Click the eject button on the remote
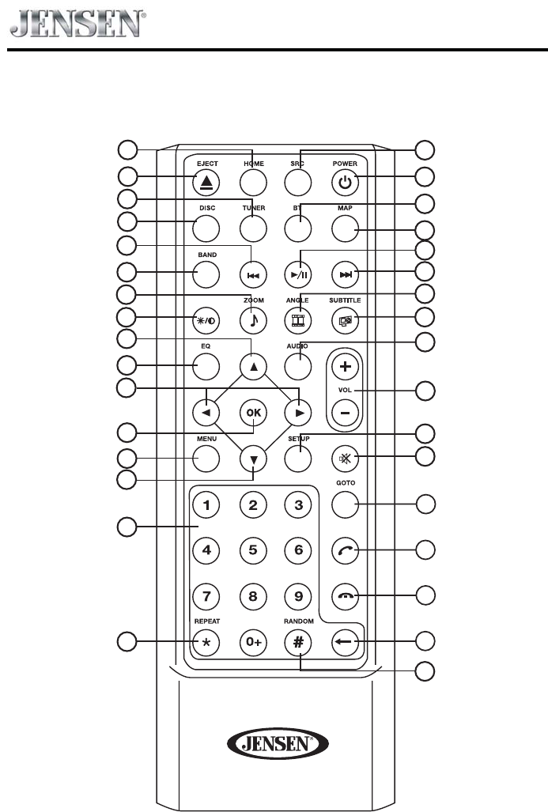(206, 183)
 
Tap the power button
(345, 183)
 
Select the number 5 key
(252, 550)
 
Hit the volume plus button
(345, 366)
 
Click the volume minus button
(345, 412)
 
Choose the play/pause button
(298, 274)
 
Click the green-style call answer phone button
(345, 550)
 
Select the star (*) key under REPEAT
(206, 640)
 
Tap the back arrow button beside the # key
(345, 640)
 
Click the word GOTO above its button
(345, 483)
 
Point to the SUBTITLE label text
(345, 301)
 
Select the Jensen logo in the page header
(76, 24)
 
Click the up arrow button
(252, 367)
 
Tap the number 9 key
(298, 595)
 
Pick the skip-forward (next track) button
(345, 274)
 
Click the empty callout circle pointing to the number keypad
(127, 527)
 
